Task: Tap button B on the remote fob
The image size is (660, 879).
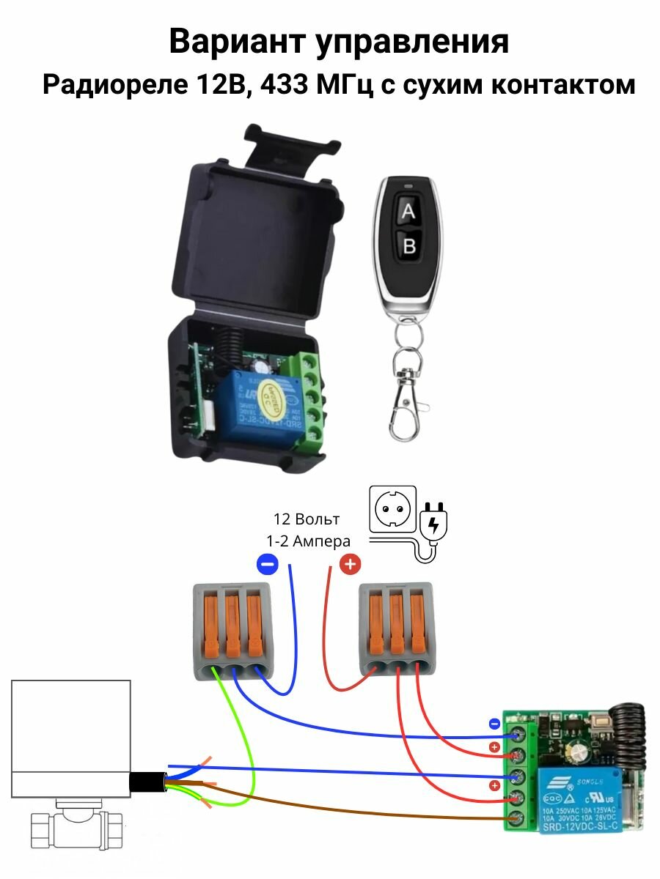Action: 409,246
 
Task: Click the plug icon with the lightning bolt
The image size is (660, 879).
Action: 433,524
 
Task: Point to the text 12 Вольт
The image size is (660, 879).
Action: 307,519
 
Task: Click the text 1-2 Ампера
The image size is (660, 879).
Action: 308,541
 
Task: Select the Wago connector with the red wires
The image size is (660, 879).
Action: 396,630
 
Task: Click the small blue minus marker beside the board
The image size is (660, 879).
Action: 494,724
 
